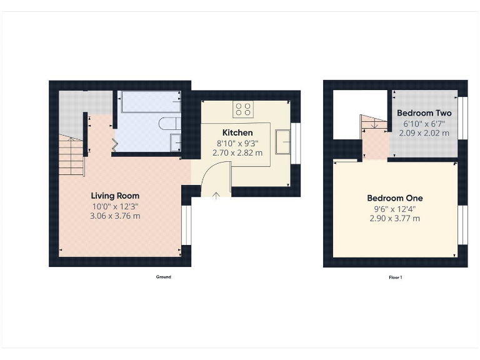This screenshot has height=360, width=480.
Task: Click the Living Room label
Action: pyautogui.click(x=115, y=196)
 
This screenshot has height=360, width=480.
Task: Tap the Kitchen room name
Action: pyautogui.click(x=238, y=132)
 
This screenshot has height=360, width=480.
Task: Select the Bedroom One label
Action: pyautogui.click(x=394, y=198)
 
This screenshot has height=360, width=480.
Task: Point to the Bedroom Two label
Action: pyautogui.click(x=424, y=113)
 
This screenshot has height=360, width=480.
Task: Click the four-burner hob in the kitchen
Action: pyautogui.click(x=243, y=109)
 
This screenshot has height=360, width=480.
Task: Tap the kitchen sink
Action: pyautogui.click(x=285, y=142)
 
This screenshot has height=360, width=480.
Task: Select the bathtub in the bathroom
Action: pyautogui.click(x=150, y=102)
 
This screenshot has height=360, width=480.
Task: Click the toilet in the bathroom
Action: pyautogui.click(x=169, y=123)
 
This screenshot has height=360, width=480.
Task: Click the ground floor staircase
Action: pyautogui.click(x=72, y=156)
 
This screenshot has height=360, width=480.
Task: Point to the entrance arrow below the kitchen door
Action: pyautogui.click(x=216, y=196)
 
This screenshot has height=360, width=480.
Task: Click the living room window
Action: pyautogui.click(x=186, y=225)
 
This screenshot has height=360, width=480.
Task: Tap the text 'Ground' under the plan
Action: pyautogui.click(x=163, y=277)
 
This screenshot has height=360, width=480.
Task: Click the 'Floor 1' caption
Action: pyautogui.click(x=395, y=277)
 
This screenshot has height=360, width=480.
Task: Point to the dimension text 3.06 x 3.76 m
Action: pyautogui.click(x=115, y=216)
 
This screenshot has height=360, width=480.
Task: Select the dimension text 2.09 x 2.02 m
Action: pyautogui.click(x=424, y=133)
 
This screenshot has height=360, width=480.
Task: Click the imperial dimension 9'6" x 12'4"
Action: pyautogui.click(x=394, y=209)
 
